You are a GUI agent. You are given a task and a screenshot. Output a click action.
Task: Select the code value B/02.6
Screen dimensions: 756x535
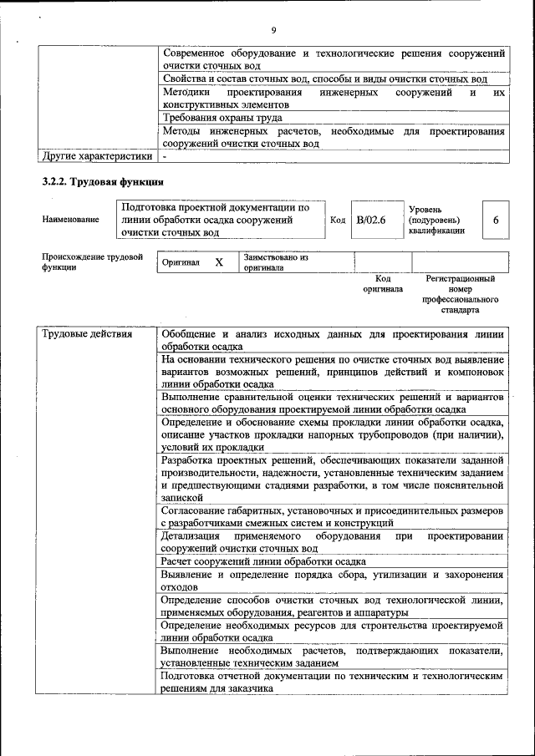[370, 220]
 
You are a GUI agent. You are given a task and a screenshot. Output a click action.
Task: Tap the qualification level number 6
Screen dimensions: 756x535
[496, 220]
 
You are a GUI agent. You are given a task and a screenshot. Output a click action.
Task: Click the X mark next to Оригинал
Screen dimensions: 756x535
[219, 262]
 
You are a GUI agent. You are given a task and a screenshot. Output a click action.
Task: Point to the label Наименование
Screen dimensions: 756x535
[70, 220]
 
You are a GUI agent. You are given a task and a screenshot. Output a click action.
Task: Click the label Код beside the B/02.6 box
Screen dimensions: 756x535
[338, 220]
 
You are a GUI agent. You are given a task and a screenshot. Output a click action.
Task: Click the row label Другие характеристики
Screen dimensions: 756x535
[97, 155]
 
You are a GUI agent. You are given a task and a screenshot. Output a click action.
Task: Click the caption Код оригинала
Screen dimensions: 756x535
[383, 284]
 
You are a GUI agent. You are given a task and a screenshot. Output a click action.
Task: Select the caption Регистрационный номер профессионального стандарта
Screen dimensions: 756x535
[460, 294]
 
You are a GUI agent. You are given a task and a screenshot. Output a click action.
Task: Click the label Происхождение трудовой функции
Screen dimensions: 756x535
[92, 262]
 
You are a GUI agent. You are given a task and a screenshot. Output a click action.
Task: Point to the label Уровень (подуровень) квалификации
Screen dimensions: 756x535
[437, 220]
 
